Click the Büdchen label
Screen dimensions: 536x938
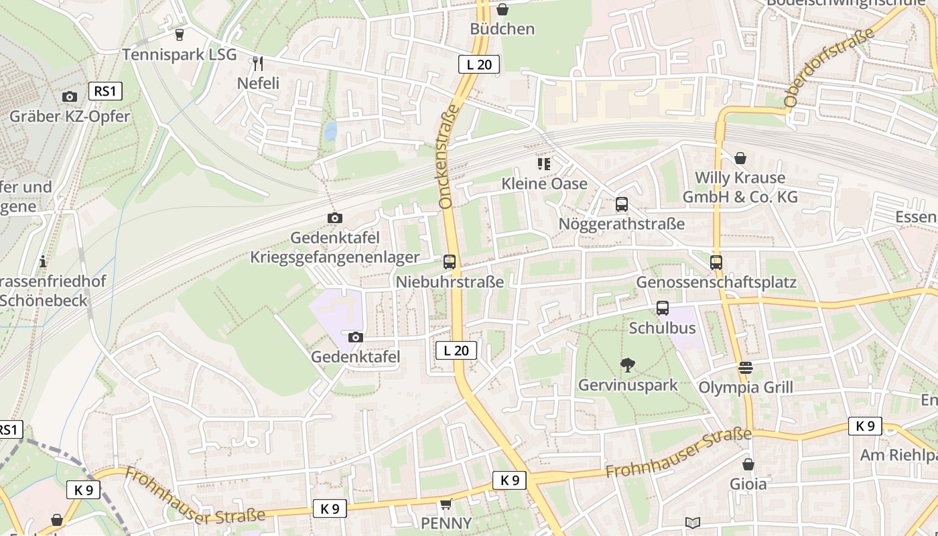[502, 29]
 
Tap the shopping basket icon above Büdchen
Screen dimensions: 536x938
[502, 9]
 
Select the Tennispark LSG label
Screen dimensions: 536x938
[180, 54]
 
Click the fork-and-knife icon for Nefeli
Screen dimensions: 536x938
[258, 64]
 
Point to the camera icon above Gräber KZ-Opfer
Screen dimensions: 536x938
[69, 97]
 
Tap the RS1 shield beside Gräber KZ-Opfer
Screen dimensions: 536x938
[105, 91]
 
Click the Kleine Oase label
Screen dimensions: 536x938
[544, 184]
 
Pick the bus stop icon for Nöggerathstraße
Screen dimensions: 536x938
[622, 204]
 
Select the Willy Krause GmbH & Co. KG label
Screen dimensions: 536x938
[740, 187]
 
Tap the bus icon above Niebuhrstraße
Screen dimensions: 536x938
[450, 262]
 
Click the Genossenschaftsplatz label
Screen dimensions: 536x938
[716, 282]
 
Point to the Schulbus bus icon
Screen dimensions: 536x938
[663, 308]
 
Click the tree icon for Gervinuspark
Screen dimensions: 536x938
[628, 365]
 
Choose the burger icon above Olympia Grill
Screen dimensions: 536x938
[746, 368]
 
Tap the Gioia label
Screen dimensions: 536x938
[748, 484]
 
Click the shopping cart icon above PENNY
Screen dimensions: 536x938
[446, 504]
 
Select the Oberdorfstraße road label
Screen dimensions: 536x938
[829, 67]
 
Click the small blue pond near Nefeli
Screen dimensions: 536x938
[330, 131]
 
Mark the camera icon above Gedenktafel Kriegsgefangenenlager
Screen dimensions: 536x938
[334, 218]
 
